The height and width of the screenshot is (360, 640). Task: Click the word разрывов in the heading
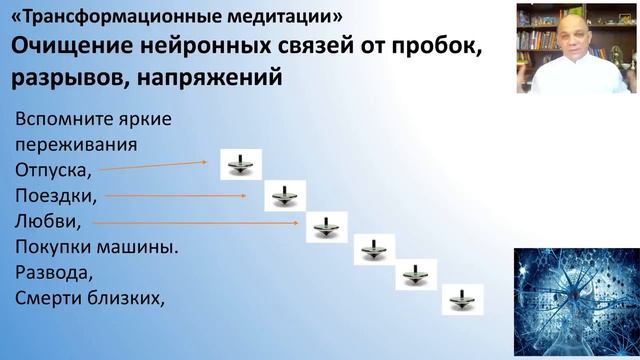coord(59,78)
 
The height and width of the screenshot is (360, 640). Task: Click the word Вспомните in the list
coord(56,120)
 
